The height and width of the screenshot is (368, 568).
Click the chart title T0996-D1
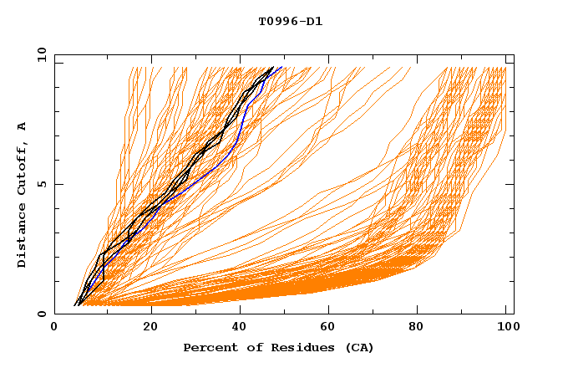pyautogui.click(x=290, y=21)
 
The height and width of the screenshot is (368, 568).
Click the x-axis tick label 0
pyautogui.click(x=54, y=327)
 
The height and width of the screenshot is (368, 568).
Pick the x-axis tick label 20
pyautogui.click(x=151, y=327)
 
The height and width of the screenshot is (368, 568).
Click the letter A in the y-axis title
pyautogui.click(x=23, y=126)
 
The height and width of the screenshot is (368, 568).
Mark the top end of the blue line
pyautogui.click(x=281, y=68)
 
